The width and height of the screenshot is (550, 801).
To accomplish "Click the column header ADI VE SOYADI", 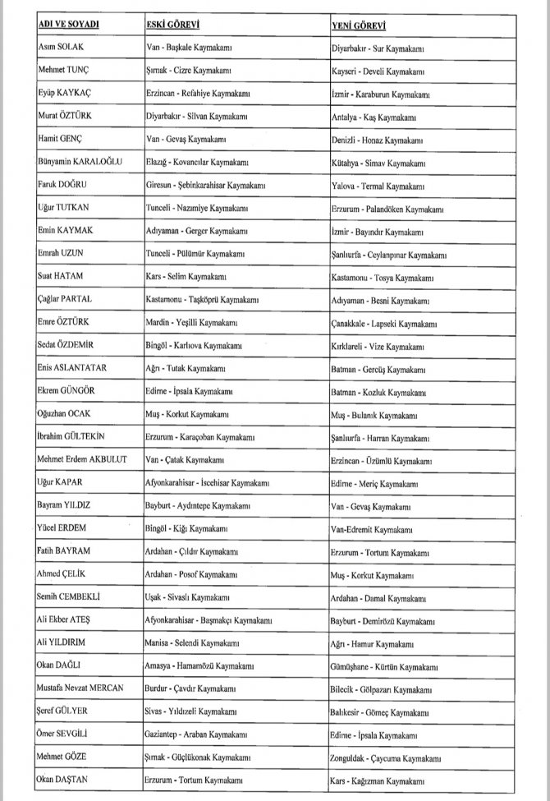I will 69,25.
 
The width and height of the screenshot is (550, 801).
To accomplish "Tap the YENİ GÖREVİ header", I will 360,25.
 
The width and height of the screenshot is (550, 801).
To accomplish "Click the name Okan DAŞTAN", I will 64,778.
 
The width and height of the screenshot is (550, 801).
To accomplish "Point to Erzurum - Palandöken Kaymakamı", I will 387,209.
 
